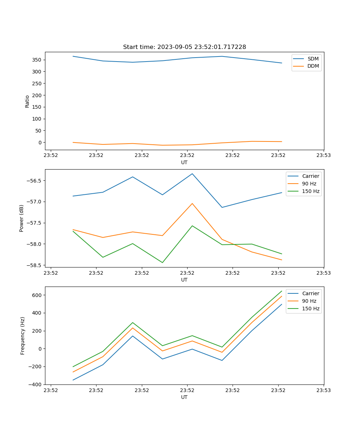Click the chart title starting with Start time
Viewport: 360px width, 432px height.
(x=184, y=47)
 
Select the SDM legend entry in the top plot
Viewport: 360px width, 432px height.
(x=313, y=59)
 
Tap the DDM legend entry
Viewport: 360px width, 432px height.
(x=313, y=66)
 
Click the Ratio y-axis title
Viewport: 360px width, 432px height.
(x=27, y=101)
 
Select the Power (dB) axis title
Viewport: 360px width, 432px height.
(x=22, y=218)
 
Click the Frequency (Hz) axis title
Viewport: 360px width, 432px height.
(x=22, y=336)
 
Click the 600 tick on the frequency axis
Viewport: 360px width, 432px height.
(x=37, y=295)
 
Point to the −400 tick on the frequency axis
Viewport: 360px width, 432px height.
(x=36, y=384)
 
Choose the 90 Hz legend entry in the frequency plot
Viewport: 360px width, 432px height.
(x=309, y=301)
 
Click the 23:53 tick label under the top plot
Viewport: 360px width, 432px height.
(x=323, y=156)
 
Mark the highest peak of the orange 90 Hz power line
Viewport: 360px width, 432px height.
(x=192, y=203)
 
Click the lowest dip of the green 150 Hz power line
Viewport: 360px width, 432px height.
(x=162, y=262)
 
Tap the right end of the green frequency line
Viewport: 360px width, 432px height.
(x=282, y=291)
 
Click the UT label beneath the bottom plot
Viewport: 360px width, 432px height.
(x=184, y=397)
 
